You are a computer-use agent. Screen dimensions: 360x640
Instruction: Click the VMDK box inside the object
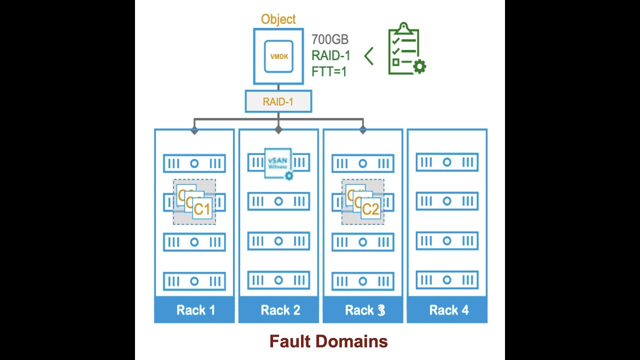pyautogui.click(x=278, y=56)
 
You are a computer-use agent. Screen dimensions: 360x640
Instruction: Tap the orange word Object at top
pyautogui.click(x=278, y=19)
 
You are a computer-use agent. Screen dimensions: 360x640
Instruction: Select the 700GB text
pyautogui.click(x=329, y=39)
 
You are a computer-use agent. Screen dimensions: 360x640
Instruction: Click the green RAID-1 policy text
pyautogui.click(x=330, y=55)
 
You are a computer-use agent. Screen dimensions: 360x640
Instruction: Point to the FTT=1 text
pyautogui.click(x=328, y=71)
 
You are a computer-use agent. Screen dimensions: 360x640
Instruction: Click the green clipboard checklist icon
pyautogui.click(x=405, y=49)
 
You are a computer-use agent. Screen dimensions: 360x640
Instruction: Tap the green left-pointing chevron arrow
pyautogui.click(x=369, y=56)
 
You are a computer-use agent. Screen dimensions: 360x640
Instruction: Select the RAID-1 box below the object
pyautogui.click(x=278, y=101)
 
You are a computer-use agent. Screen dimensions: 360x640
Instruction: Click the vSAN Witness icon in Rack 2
pyautogui.click(x=278, y=163)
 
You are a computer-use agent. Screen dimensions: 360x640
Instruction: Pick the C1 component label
pyautogui.click(x=202, y=208)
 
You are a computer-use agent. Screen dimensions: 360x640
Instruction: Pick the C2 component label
pyautogui.click(x=370, y=208)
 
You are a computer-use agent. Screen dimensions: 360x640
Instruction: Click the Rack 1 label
pyautogui.click(x=195, y=310)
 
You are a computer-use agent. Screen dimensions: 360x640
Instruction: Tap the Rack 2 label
pyautogui.click(x=280, y=310)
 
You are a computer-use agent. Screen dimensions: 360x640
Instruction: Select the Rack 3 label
pyautogui.click(x=364, y=310)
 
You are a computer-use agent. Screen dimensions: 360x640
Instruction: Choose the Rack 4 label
pyautogui.click(x=448, y=310)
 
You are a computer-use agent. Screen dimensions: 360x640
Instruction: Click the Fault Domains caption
pyautogui.click(x=328, y=341)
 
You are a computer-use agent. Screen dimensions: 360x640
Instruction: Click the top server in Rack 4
pyautogui.click(x=447, y=162)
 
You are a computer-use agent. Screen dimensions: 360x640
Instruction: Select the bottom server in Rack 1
pyautogui.click(x=194, y=281)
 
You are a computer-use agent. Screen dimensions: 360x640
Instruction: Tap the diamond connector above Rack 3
pyautogui.click(x=363, y=130)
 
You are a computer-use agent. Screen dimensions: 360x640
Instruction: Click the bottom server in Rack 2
pyautogui.click(x=278, y=280)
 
